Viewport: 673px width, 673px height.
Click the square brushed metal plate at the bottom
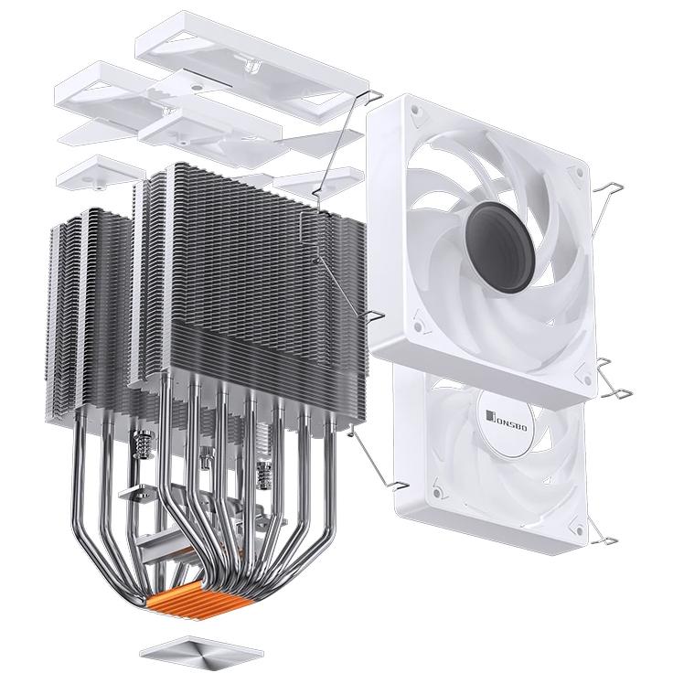[202, 647]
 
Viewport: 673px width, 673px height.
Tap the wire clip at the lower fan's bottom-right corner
[600, 539]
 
